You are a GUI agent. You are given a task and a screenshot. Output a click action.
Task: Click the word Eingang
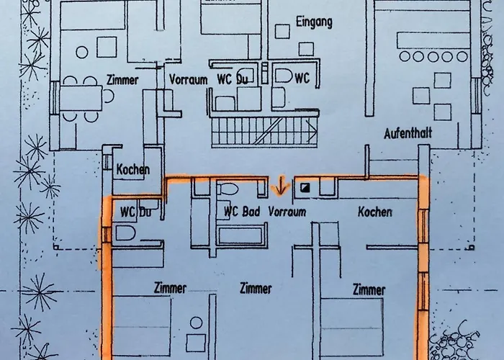(x=314, y=22)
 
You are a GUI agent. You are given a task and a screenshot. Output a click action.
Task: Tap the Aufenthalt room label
(x=408, y=132)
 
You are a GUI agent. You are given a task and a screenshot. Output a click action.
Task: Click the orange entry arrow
(x=281, y=186)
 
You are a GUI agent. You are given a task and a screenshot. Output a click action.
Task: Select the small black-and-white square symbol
(x=305, y=187)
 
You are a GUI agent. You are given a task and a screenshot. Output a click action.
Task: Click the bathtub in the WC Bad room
(x=240, y=236)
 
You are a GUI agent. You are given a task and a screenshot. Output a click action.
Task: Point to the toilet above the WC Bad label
(x=228, y=189)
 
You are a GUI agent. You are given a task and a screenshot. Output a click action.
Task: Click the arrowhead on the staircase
(x=312, y=131)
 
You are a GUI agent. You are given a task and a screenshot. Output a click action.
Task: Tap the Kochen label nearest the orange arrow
(x=375, y=212)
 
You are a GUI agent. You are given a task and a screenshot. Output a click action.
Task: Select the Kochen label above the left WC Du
(x=132, y=169)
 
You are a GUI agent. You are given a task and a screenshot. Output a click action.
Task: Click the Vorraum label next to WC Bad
(x=287, y=212)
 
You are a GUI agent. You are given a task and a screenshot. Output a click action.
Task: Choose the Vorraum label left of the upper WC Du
(x=189, y=79)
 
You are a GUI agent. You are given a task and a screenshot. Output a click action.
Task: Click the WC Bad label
(x=242, y=212)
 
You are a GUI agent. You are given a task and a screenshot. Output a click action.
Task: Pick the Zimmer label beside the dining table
(x=122, y=80)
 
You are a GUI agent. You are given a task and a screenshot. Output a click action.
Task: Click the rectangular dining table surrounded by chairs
(x=81, y=98)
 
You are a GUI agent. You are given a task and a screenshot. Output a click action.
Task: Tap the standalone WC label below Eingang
(x=302, y=78)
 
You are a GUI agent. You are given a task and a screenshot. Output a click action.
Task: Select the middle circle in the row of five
(x=433, y=57)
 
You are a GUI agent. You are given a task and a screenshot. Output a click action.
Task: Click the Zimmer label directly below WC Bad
(x=256, y=288)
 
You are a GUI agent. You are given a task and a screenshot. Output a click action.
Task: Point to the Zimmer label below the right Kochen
(x=369, y=289)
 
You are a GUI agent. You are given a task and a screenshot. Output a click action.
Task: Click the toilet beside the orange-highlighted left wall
(x=125, y=233)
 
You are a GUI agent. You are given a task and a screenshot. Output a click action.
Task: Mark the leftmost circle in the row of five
(x=405, y=56)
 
